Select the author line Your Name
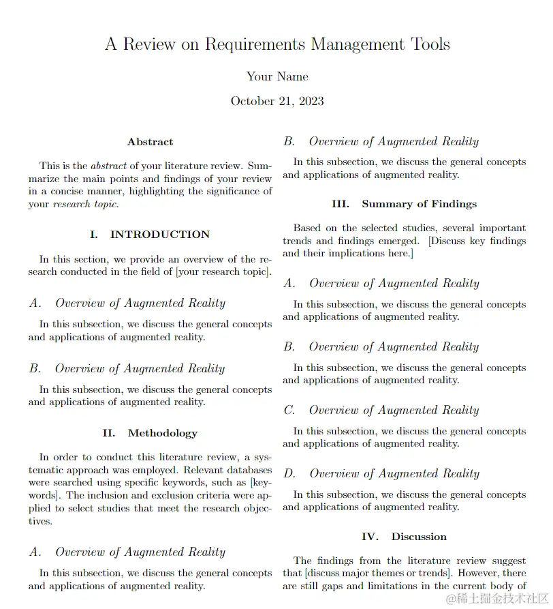click(276, 76)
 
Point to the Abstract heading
click(150, 142)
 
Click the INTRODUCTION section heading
click(159, 235)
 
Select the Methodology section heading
click(162, 433)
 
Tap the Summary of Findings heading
click(419, 204)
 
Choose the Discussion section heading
click(419, 537)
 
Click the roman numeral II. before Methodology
click(109, 433)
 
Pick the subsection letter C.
click(289, 411)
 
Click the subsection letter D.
click(289, 474)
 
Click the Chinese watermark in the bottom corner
click(497, 598)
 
